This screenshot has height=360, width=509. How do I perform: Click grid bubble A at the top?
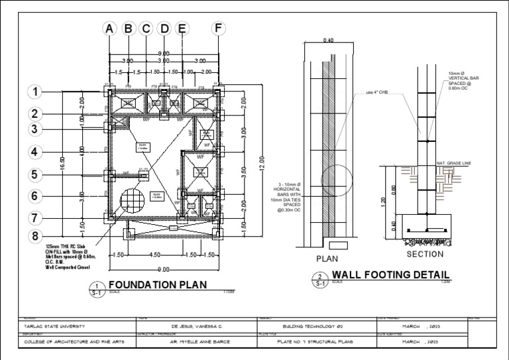(x=110, y=29)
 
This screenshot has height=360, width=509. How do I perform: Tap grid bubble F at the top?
(x=218, y=29)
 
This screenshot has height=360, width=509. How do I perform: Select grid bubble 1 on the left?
(x=36, y=91)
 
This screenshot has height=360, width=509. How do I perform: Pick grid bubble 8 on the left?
(x=36, y=236)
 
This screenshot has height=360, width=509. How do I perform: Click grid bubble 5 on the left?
(x=36, y=175)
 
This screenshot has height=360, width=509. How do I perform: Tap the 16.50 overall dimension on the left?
(x=63, y=162)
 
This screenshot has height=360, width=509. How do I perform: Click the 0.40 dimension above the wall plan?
(x=327, y=40)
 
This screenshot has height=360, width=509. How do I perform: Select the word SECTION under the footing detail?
(x=424, y=255)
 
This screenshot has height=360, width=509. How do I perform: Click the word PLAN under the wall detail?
(x=327, y=259)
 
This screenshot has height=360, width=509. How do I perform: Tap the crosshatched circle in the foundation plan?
(x=133, y=200)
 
